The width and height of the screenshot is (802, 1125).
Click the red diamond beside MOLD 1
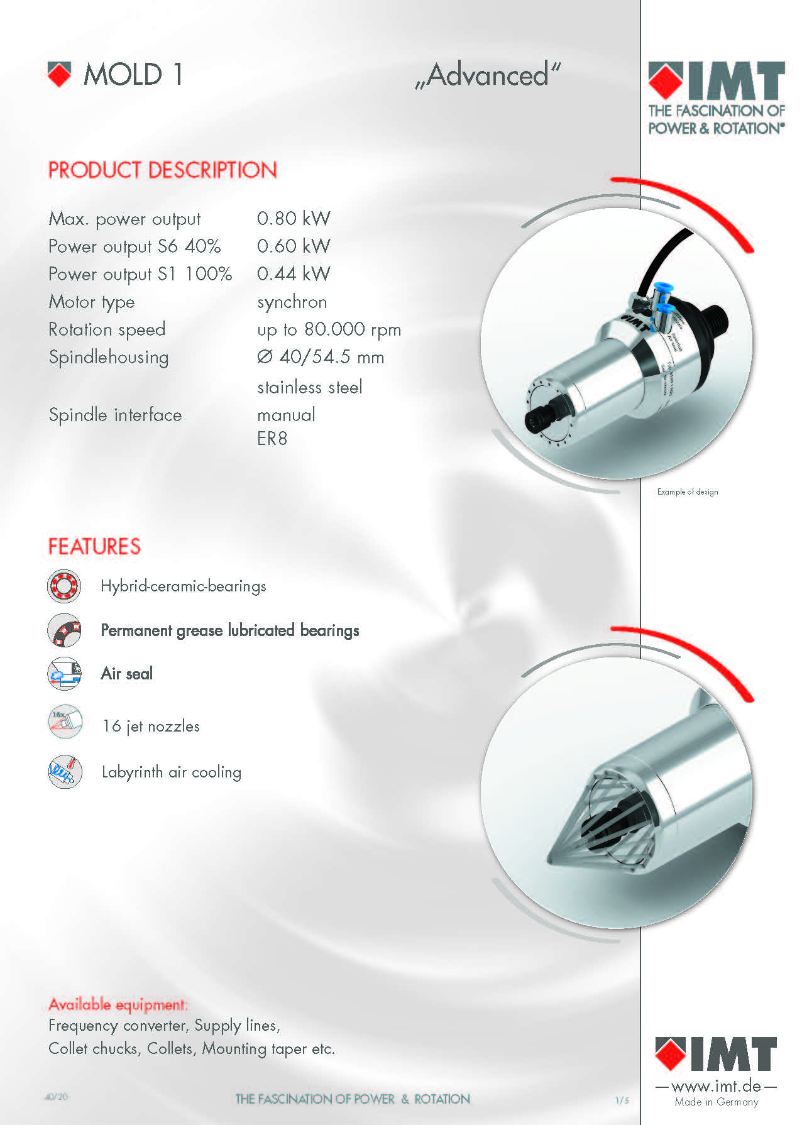point(60,74)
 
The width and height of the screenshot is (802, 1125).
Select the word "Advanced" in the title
point(488,75)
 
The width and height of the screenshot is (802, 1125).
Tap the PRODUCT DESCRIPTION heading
point(163,170)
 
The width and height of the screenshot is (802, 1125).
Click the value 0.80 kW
point(294,219)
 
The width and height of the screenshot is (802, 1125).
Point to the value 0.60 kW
point(294,246)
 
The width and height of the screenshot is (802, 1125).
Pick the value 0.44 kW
point(294,274)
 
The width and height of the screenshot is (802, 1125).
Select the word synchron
point(292,302)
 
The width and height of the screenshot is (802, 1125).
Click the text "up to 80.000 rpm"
point(329,330)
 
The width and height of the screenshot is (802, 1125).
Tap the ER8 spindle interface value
point(272,439)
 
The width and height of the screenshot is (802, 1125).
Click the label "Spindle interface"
point(116,415)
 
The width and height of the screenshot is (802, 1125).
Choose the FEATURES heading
point(95,547)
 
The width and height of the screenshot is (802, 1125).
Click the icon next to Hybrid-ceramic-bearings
point(64,586)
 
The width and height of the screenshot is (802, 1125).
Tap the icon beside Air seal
point(64,673)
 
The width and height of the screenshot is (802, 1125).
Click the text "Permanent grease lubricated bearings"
point(230,630)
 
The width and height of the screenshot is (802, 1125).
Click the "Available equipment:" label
point(118,1004)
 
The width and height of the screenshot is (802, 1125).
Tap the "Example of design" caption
point(688,492)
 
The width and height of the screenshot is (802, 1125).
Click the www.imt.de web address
point(716,1086)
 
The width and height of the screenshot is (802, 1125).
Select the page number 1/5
point(622,1100)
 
